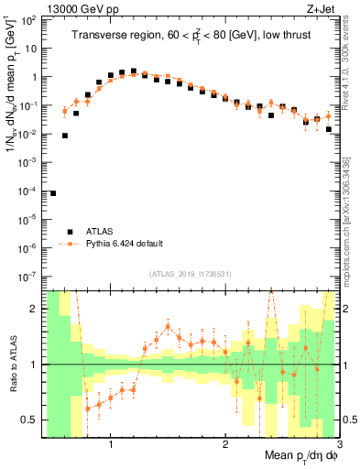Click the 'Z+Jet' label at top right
[x=322, y=10]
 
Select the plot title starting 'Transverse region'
[x=190, y=36]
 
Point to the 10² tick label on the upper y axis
[x=33, y=19]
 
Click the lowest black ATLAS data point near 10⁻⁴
[x=53, y=193]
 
